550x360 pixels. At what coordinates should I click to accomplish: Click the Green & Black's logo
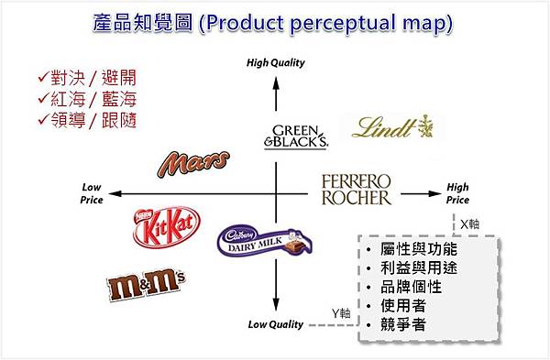pos(295,134)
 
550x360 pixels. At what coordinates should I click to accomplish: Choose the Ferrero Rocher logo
pos(357,190)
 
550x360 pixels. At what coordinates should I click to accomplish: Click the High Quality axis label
pos(276,63)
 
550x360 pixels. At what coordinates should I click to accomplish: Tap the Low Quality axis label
pos(276,324)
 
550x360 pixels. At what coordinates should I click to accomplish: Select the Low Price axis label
pos(92,193)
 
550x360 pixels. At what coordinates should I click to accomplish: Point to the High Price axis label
pos(458,193)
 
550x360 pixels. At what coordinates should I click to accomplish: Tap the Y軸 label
pos(340,313)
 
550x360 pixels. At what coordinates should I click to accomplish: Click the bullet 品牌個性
pos(413,287)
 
